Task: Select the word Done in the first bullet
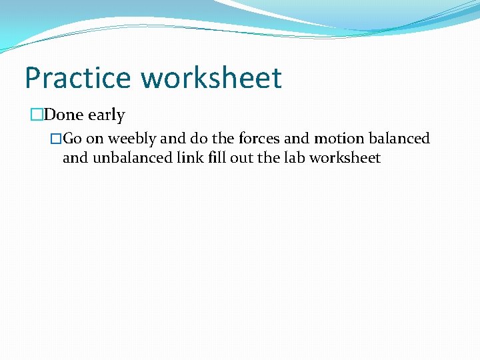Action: [x=64, y=115]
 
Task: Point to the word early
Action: [x=106, y=115]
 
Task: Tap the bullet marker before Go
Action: [x=57, y=139]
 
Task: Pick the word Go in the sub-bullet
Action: [x=73, y=139]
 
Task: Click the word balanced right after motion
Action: [x=399, y=139]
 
